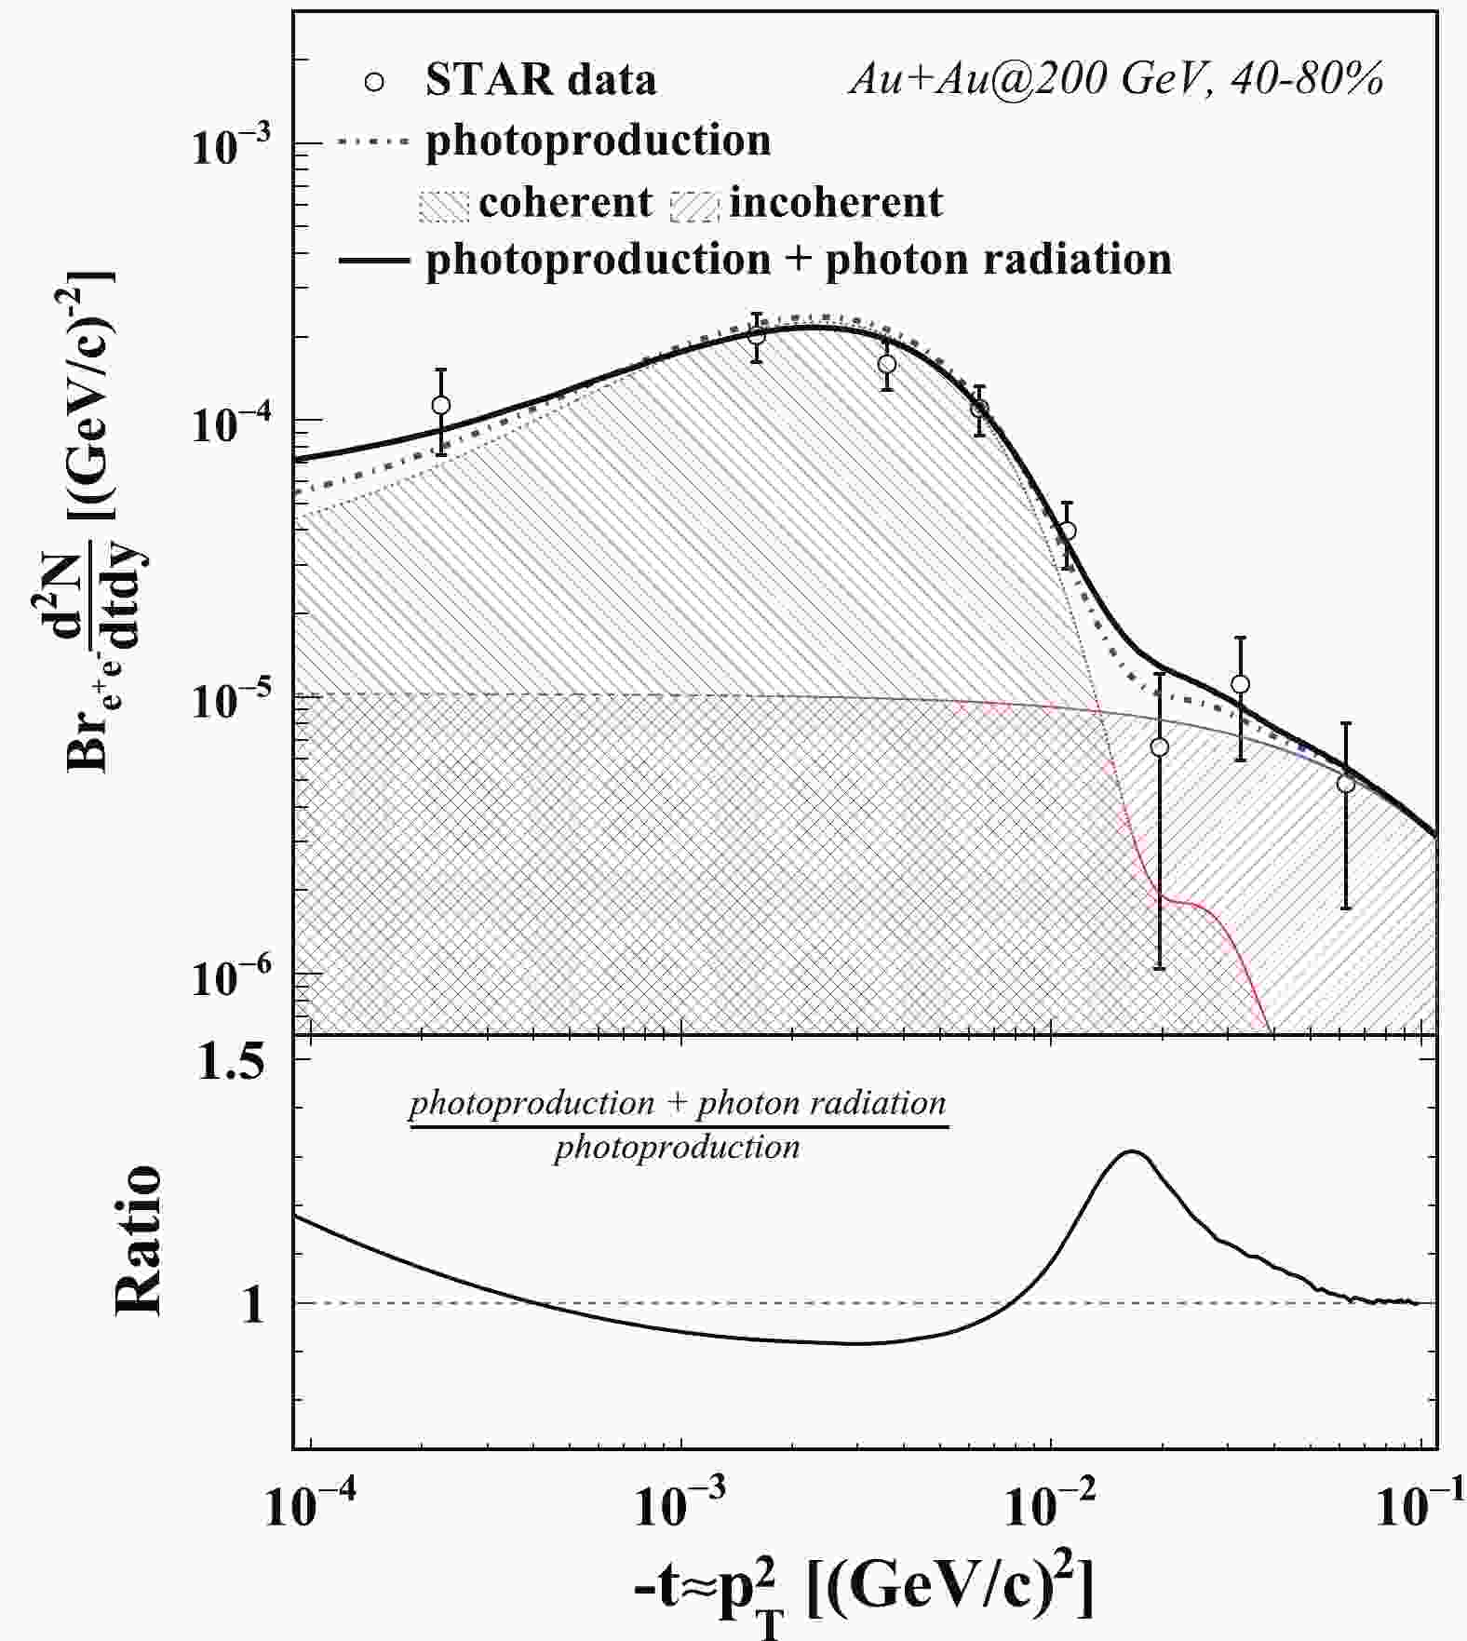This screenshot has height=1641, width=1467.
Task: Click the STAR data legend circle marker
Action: coord(374,82)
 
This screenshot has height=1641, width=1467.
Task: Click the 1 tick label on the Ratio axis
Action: coord(252,1305)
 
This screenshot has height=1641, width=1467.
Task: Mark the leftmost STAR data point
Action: coord(441,405)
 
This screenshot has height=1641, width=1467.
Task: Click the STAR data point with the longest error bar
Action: coord(1159,747)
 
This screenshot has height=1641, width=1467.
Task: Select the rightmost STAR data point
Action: coord(1345,784)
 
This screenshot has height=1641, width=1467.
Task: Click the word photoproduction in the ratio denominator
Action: coord(677,1148)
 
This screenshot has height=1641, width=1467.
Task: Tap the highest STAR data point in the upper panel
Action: coord(757,334)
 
